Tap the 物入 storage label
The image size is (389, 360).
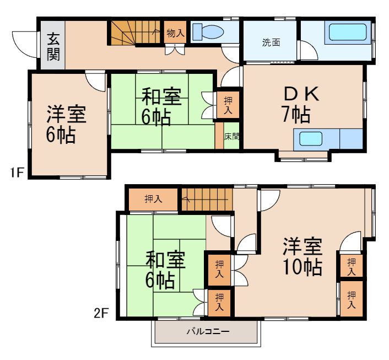[175, 33]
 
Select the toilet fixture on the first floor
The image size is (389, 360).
[208, 31]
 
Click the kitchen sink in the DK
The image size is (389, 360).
[311, 138]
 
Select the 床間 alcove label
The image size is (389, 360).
[231, 136]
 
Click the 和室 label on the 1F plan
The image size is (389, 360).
[161, 97]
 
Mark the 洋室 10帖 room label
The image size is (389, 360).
[302, 256]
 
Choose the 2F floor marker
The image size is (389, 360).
[101, 314]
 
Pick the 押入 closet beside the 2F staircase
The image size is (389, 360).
[153, 199]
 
